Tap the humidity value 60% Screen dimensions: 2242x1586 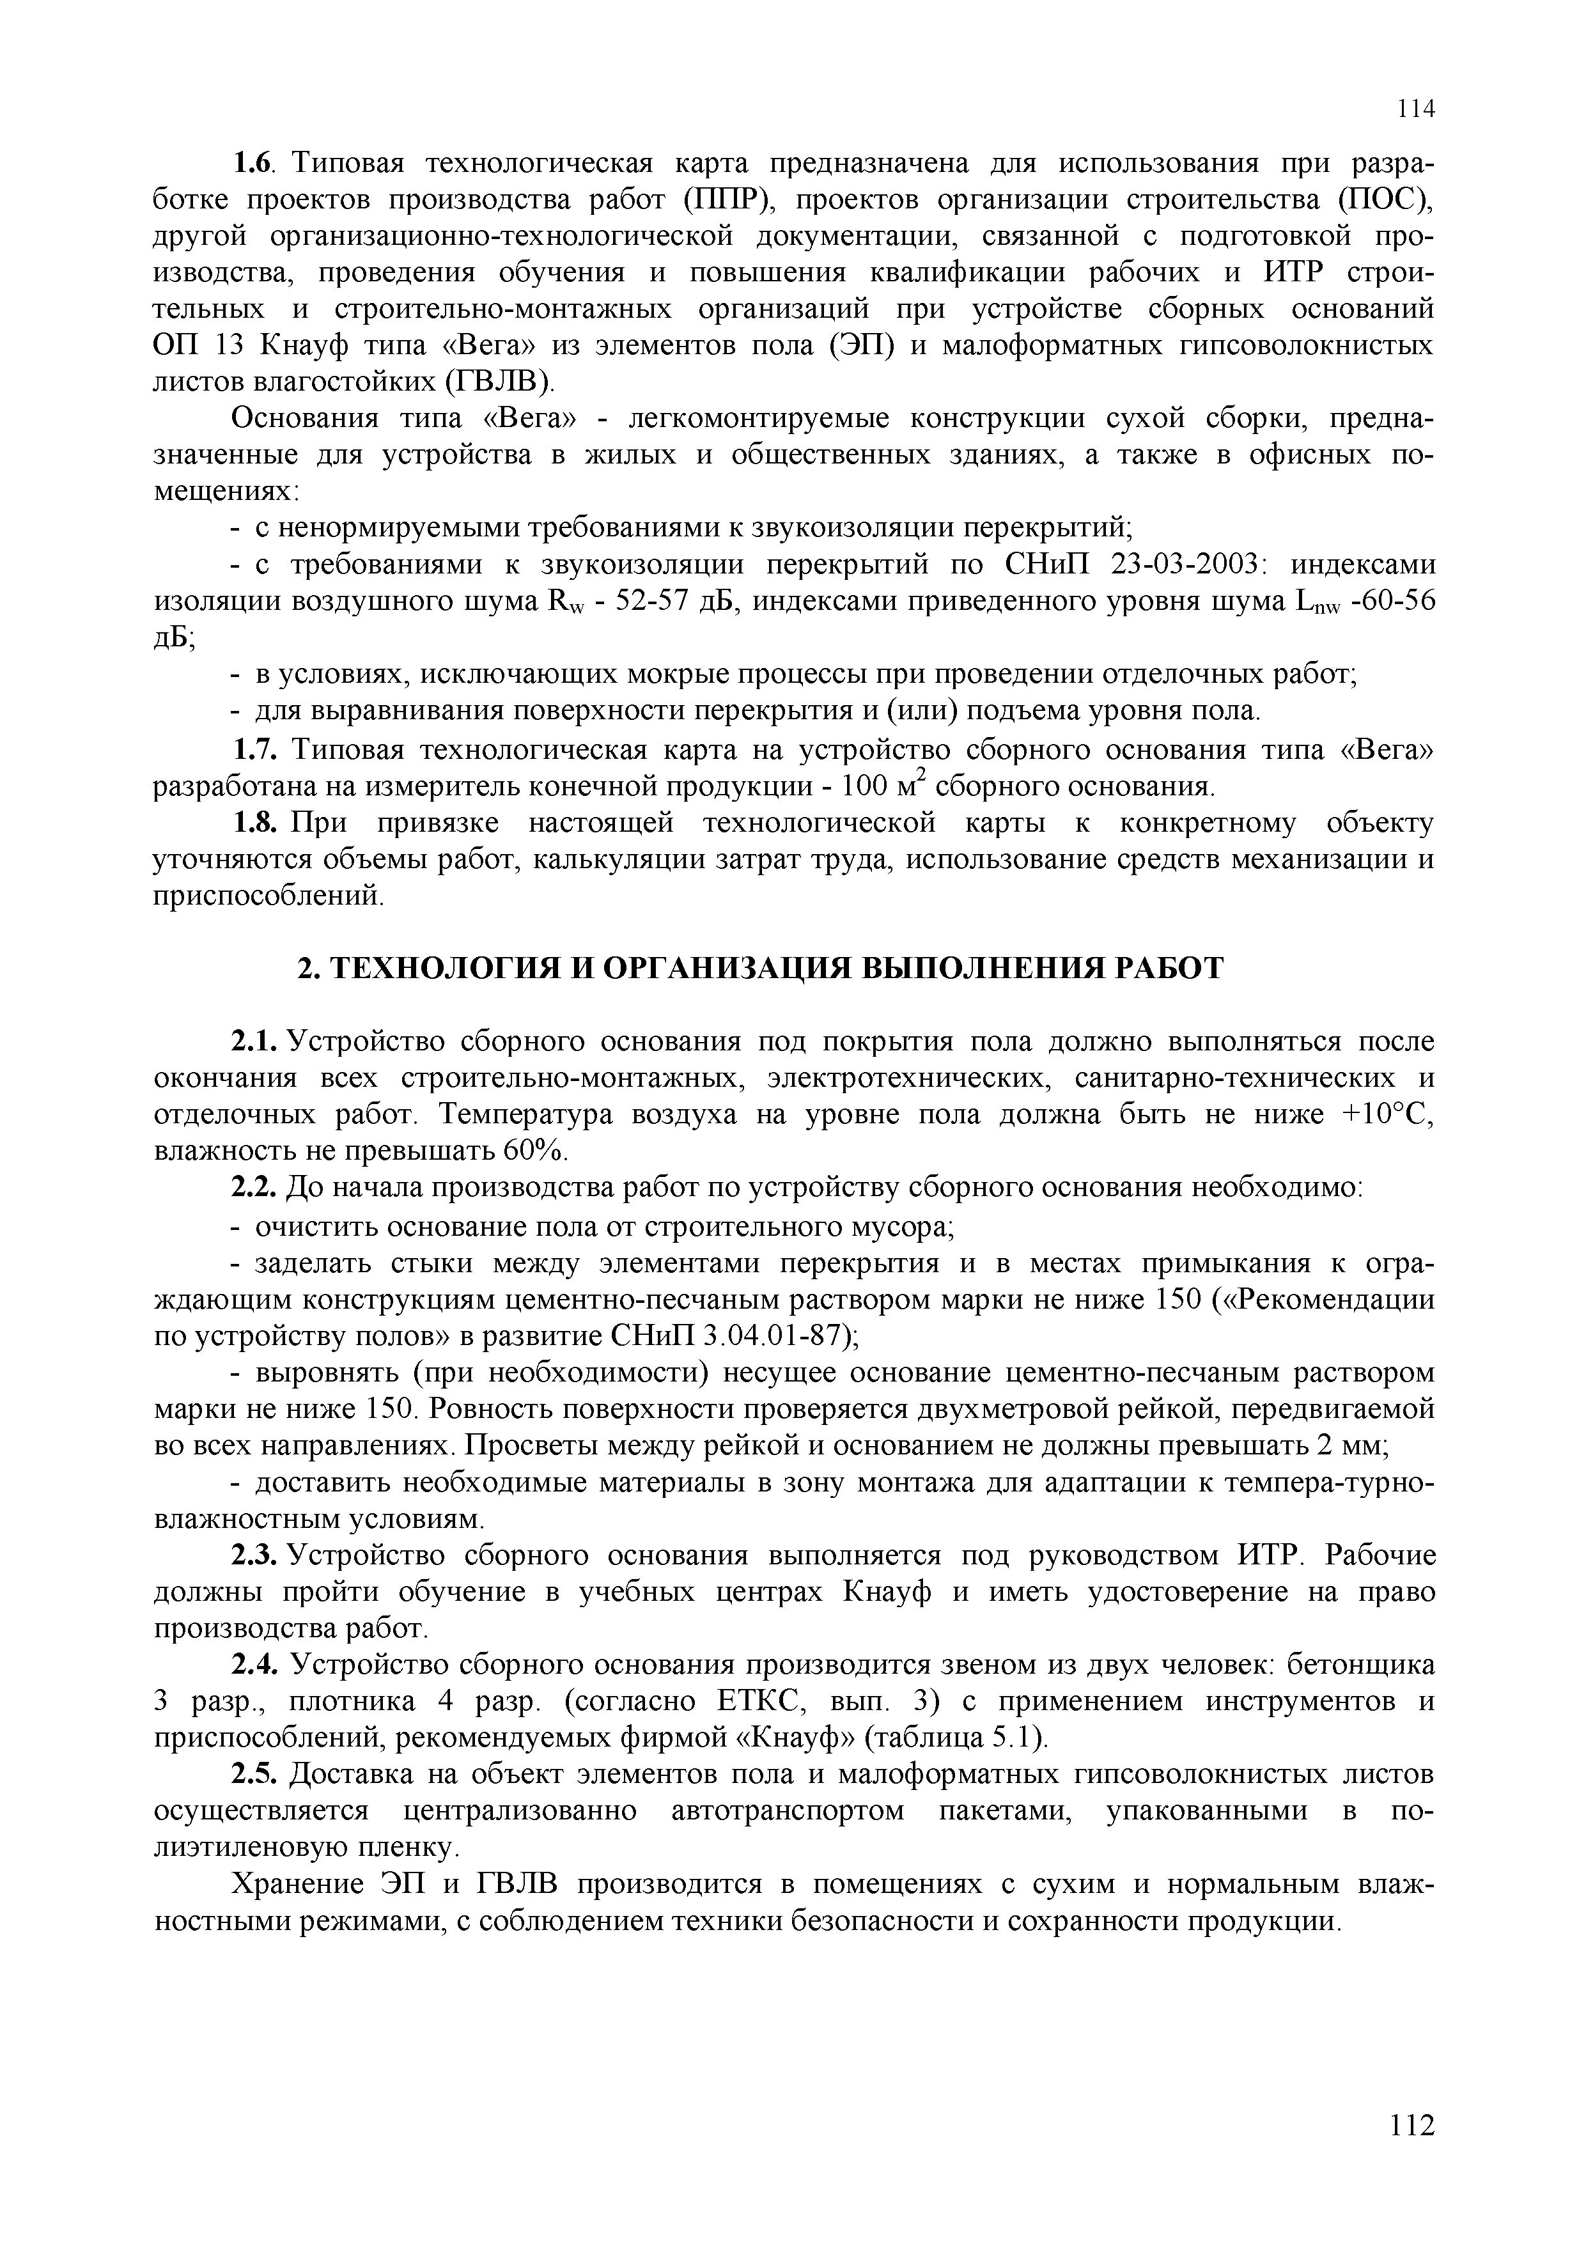[x=533, y=1151]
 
